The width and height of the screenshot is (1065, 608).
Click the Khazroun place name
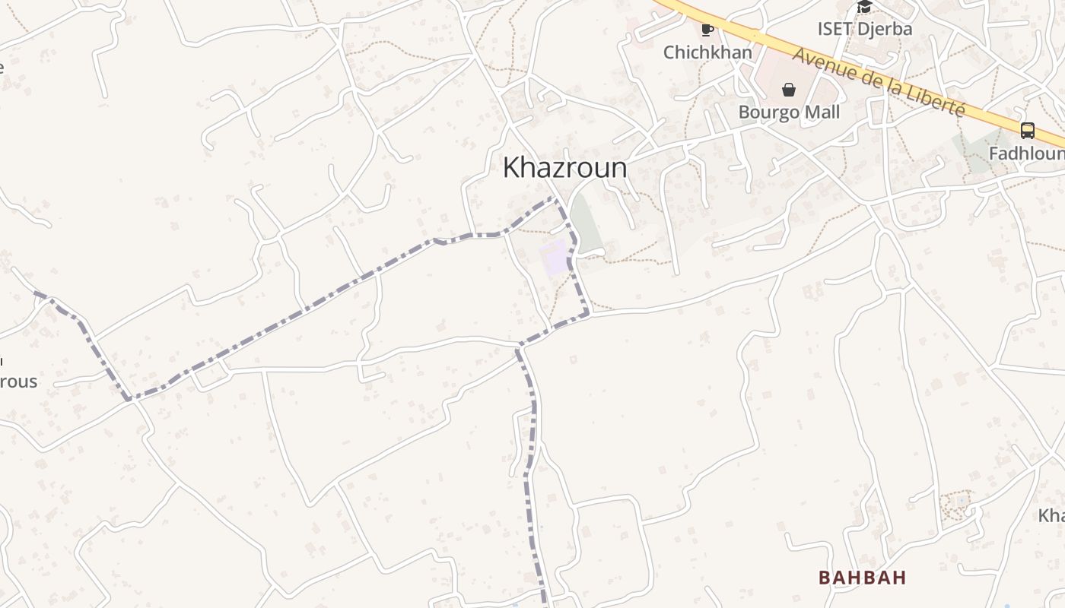click(x=564, y=168)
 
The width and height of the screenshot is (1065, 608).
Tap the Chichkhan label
click(x=707, y=52)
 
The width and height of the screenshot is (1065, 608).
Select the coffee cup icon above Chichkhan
click(x=707, y=30)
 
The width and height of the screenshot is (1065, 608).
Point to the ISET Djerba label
click(x=864, y=29)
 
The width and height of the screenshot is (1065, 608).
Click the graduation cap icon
click(x=864, y=8)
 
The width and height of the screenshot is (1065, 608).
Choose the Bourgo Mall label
click(x=789, y=112)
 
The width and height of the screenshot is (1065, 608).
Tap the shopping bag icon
click(x=789, y=90)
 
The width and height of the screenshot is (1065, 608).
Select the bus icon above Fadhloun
click(x=1027, y=131)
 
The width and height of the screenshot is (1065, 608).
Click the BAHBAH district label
click(x=862, y=578)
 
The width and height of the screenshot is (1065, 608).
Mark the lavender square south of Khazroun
click(x=555, y=257)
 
